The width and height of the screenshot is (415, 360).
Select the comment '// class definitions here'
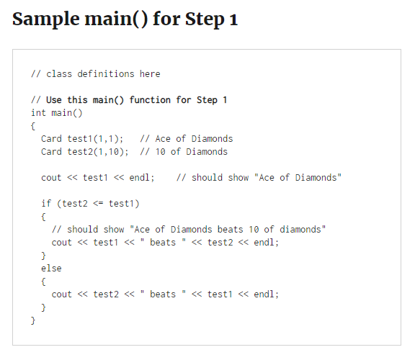click(x=96, y=74)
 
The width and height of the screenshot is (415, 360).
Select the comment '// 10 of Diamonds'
click(x=184, y=152)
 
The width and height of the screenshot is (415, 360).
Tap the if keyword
click(x=47, y=204)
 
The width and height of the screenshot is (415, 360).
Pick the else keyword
click(x=52, y=269)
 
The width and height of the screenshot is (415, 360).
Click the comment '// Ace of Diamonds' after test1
click(x=187, y=139)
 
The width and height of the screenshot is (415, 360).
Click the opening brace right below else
click(x=44, y=282)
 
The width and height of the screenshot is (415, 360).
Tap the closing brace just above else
click(x=44, y=256)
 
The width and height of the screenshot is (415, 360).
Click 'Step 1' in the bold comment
click(x=212, y=100)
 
